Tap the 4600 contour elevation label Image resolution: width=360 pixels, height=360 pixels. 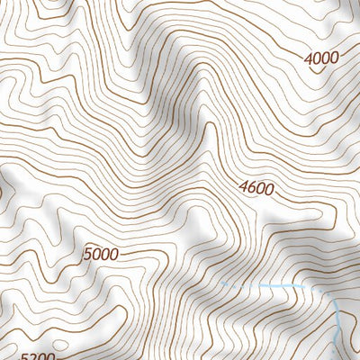point(256,189)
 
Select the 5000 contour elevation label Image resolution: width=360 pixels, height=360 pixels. point(100,255)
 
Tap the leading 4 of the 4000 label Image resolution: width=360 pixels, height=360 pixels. point(310,60)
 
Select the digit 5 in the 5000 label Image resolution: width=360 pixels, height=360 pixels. point(87,256)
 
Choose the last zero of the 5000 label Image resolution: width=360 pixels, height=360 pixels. point(112,255)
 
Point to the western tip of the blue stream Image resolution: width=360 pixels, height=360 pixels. point(221,284)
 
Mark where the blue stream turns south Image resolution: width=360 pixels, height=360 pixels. point(329,297)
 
